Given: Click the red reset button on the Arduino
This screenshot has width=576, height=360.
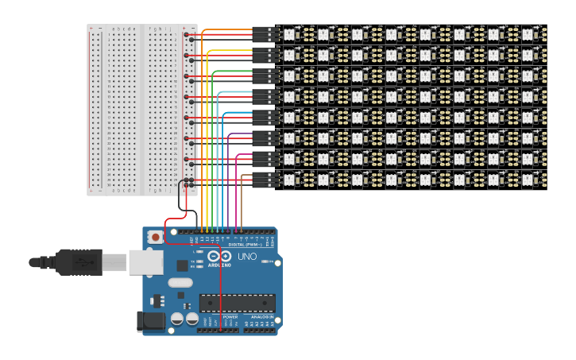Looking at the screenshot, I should point(156,237).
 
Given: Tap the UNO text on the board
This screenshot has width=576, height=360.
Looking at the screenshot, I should point(247,257).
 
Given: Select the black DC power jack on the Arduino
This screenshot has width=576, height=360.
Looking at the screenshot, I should point(150,321).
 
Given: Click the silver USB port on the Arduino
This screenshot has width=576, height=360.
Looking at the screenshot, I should point(145,262).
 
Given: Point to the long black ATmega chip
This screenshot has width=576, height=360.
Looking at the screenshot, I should point(238,303).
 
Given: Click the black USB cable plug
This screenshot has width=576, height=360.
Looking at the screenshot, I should point(79,261).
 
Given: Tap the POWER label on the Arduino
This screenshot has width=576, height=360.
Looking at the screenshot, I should point(230,316).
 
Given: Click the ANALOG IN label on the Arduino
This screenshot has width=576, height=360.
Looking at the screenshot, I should point(260,316).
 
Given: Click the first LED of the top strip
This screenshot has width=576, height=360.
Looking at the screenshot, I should point(288,34).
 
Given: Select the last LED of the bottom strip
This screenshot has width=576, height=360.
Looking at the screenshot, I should point(528,179).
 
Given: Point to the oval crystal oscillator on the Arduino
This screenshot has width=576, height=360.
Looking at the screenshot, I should point(180,282).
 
